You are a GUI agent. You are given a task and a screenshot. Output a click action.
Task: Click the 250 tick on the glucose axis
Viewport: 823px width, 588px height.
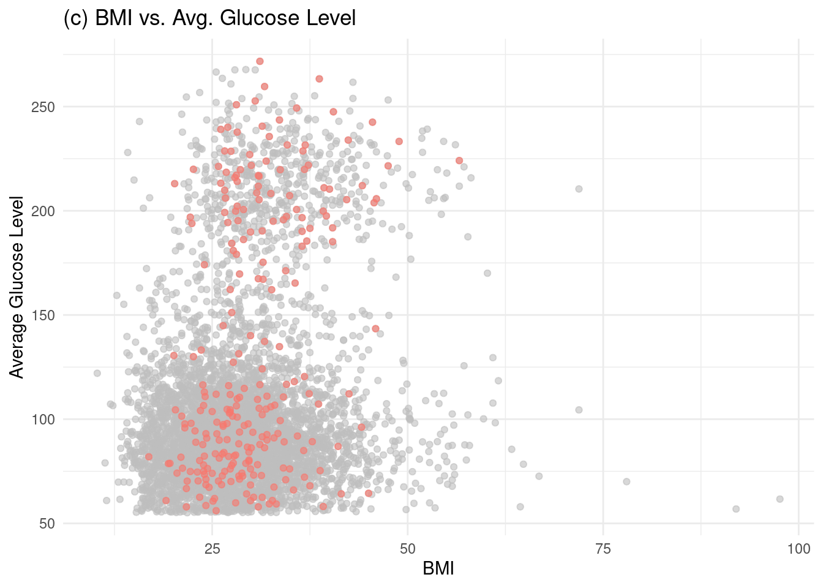43,107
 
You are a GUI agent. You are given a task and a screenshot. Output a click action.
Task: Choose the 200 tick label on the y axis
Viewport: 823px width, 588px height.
43,211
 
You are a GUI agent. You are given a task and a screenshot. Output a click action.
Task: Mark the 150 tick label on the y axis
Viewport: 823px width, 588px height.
43,315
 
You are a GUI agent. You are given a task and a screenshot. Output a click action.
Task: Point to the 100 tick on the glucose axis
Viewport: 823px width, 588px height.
43,420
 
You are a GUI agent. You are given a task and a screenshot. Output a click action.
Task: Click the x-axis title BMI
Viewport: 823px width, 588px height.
438,569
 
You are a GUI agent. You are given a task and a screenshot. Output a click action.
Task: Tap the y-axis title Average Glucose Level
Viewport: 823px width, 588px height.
17,287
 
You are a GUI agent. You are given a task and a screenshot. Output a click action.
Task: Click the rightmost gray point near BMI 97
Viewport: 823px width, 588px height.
780,499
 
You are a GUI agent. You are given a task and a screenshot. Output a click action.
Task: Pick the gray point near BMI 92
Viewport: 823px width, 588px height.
736,509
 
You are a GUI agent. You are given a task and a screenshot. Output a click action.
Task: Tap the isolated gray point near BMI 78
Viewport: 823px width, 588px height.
626,481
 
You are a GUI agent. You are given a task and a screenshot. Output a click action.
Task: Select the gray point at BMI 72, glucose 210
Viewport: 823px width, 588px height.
579,189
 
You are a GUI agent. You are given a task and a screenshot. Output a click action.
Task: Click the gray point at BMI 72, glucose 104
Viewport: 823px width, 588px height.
579,410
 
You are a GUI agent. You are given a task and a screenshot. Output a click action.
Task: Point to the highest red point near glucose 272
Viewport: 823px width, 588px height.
260,61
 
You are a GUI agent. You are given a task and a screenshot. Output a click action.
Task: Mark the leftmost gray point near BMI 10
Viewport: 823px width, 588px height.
97,373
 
